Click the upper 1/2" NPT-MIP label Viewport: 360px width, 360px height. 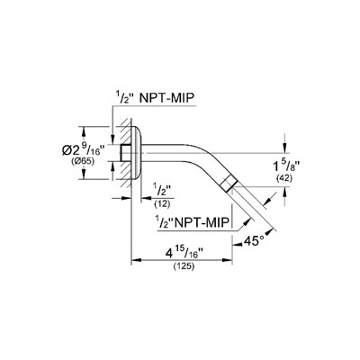click(153, 98)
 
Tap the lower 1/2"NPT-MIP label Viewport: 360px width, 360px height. click(193, 222)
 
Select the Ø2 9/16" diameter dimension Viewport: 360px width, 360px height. click(84, 149)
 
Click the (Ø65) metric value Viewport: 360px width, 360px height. click(83, 161)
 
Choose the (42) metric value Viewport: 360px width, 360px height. click(283, 179)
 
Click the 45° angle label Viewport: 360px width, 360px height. click(254, 241)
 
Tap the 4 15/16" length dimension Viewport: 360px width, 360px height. click(183, 254)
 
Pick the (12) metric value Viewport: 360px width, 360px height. click(162, 204)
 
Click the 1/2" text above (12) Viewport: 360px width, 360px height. click(162, 191)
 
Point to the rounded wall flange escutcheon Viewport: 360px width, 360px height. click(136, 153)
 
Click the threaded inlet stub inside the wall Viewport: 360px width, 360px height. click(126, 153)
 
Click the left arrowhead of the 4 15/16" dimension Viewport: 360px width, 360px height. click(136, 260)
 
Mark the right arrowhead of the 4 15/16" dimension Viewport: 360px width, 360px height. click(227, 260)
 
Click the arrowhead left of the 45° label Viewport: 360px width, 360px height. click(237, 245)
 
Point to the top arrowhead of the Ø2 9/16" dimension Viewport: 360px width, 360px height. click(84, 131)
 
